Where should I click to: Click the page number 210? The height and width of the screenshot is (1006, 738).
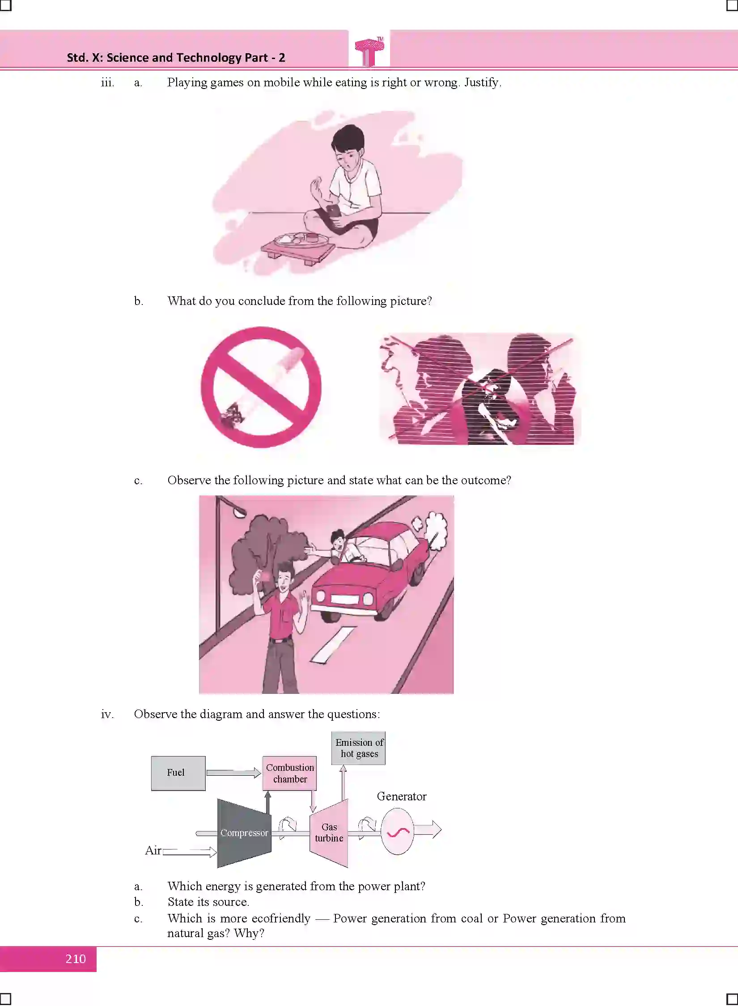point(76,959)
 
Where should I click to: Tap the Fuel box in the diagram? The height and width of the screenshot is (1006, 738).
point(178,774)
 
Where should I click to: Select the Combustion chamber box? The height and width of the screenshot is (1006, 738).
point(289,774)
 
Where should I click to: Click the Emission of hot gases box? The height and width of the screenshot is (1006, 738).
point(358,748)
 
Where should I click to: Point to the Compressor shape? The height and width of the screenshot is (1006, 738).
point(244,833)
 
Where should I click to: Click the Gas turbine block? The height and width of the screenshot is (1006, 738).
point(329,833)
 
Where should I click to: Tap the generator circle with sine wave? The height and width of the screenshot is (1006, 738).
point(397,831)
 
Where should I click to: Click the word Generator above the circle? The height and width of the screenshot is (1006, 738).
point(402,796)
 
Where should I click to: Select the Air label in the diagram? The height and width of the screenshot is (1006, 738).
point(153,850)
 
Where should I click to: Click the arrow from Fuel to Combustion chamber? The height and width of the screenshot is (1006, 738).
point(234,773)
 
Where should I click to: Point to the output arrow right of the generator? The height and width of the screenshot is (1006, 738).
point(428,830)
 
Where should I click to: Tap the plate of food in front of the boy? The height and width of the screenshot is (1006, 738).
point(299,239)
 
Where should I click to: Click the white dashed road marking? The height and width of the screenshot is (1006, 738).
point(333,644)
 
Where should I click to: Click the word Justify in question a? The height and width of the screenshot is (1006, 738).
point(481,83)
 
